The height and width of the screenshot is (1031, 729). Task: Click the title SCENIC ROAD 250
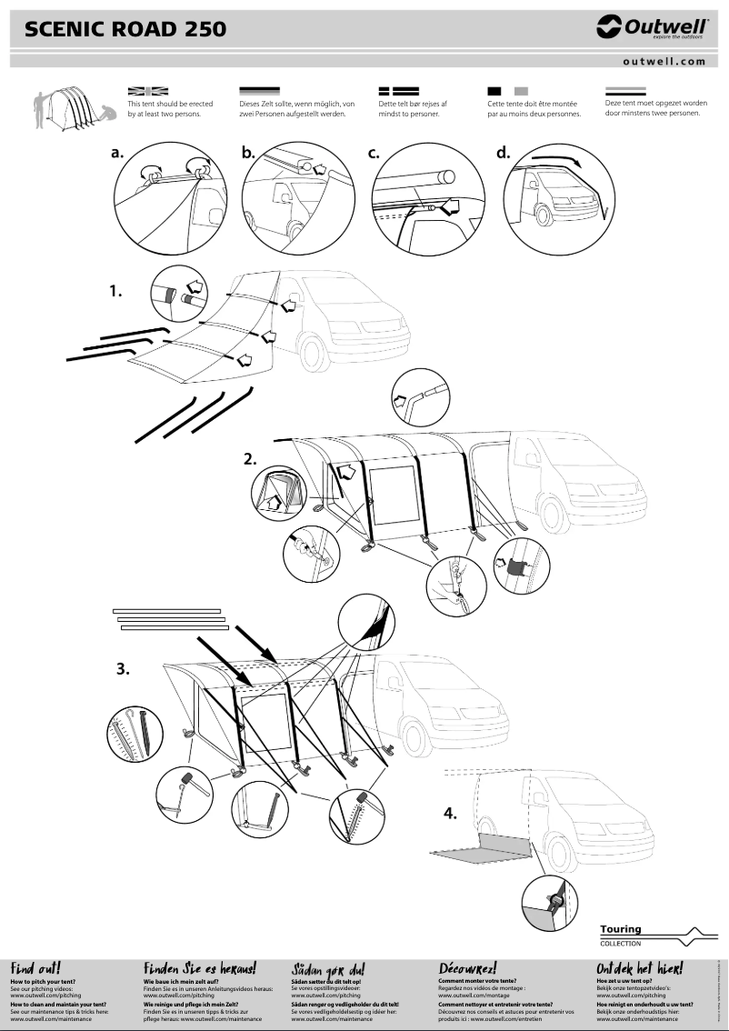click(125, 31)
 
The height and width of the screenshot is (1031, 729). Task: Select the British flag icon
click(148, 92)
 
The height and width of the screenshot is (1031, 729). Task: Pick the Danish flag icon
click(397, 92)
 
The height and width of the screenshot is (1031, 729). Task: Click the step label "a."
click(117, 153)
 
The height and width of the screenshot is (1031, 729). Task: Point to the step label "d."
click(504, 153)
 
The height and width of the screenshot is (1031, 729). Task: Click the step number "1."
click(116, 292)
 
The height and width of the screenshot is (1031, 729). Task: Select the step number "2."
click(250, 459)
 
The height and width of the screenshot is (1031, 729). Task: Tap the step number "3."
click(123, 669)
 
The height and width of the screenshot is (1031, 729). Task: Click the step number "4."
click(450, 813)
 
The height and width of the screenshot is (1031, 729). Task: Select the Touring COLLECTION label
click(621, 935)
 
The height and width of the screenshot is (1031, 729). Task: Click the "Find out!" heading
click(35, 968)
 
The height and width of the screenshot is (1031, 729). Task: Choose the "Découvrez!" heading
click(467, 968)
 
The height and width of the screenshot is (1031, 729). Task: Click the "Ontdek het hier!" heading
click(639, 968)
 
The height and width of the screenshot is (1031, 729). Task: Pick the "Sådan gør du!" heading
click(327, 969)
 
